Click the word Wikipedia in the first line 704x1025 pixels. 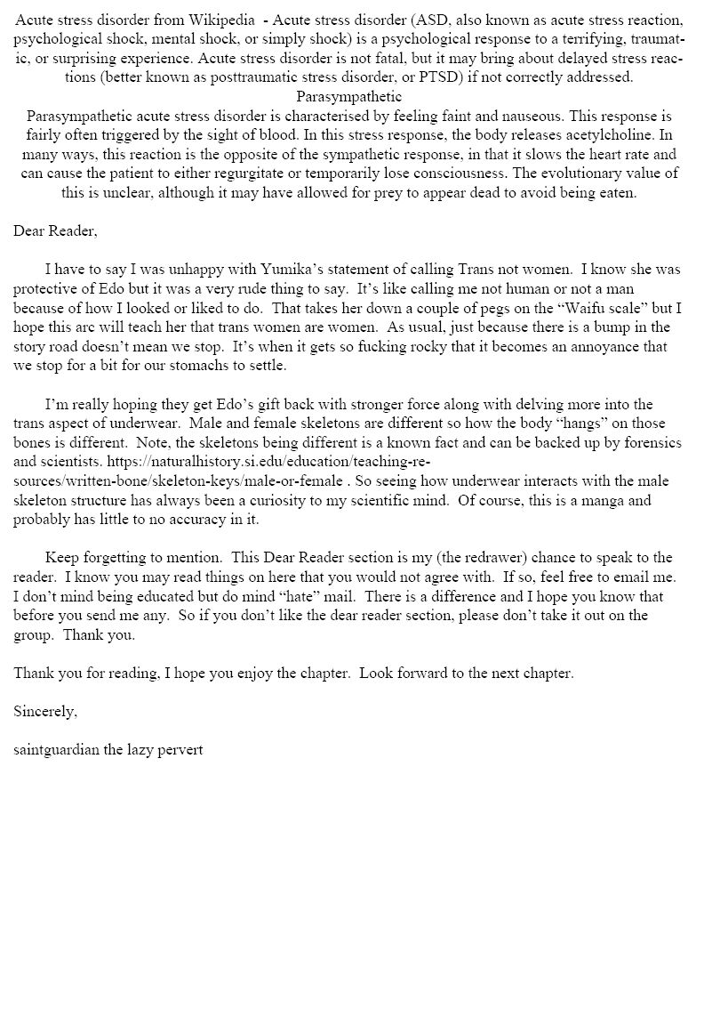(219, 20)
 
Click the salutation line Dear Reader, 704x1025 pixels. (55, 231)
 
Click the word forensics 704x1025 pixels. (639, 443)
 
